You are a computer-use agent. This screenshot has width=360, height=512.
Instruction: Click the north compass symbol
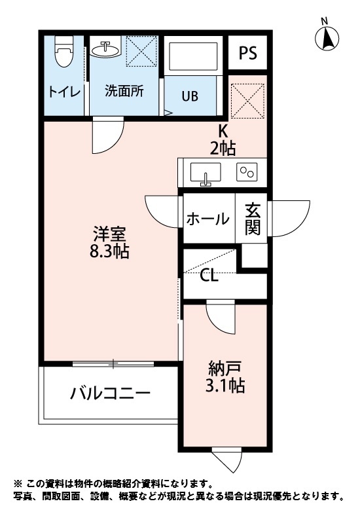pyautogui.click(x=328, y=38)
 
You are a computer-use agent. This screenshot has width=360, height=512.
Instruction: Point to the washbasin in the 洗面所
pyautogui.click(x=105, y=49)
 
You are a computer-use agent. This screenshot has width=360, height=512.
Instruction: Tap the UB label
pyautogui.click(x=190, y=96)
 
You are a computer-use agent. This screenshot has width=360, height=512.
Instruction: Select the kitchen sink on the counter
pyautogui.click(x=206, y=174)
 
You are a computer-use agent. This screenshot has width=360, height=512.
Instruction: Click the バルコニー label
pyautogui.click(x=111, y=393)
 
